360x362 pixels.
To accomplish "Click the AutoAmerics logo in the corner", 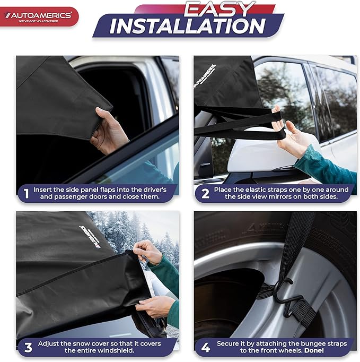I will point(39,16).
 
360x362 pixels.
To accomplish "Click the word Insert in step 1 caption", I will point(44,189).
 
